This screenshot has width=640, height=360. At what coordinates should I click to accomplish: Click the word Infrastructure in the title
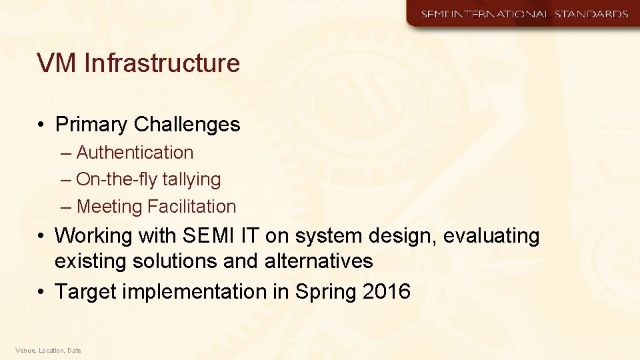[162, 63]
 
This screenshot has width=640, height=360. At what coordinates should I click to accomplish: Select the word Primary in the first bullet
[91, 125]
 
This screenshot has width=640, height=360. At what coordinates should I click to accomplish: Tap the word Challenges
[187, 125]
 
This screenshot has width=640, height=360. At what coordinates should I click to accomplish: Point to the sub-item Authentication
[135, 153]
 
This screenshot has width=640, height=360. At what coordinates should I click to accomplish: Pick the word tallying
[191, 179]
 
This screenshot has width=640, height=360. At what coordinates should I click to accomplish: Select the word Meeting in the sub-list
[110, 207]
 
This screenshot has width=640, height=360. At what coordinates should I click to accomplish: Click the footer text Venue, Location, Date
[48, 350]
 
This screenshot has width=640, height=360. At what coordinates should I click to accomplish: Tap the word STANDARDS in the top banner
[589, 14]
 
